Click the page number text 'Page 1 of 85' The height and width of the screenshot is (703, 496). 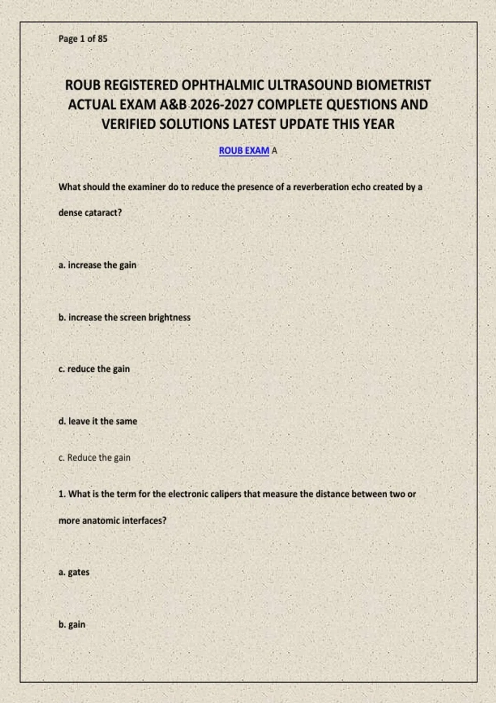pos(83,39)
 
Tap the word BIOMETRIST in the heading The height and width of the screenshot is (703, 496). pos(393,85)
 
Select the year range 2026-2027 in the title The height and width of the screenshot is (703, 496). pos(222,105)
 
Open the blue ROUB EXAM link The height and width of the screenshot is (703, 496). pos(244,151)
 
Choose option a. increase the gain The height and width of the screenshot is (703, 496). pos(98,265)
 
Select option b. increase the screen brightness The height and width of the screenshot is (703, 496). pos(124,318)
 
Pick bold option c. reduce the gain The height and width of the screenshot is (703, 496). pos(94,369)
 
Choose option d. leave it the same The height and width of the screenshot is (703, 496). pos(98,421)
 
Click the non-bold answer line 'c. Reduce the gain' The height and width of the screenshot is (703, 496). pos(94,458)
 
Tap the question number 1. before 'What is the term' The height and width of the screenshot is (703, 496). pos(62,494)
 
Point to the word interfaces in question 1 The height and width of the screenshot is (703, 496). pos(144,521)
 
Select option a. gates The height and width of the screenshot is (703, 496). pos(74,572)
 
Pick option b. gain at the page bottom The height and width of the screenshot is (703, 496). pos(72,624)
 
